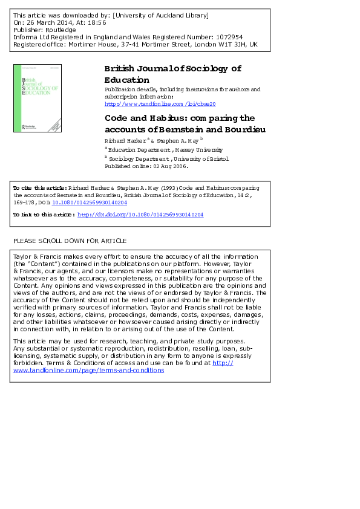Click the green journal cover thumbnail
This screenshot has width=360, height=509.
37,98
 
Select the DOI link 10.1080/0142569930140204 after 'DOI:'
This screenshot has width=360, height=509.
90,203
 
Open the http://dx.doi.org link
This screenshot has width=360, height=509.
140,215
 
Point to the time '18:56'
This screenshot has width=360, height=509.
97,22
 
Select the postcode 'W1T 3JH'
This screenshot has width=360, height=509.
232,44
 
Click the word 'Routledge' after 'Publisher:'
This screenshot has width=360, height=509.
60,30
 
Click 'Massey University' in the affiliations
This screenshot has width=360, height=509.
200,149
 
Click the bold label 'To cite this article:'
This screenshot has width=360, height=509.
40,188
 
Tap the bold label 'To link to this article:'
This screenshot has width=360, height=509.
44,215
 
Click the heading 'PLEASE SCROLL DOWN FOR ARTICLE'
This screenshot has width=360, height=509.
70,241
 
